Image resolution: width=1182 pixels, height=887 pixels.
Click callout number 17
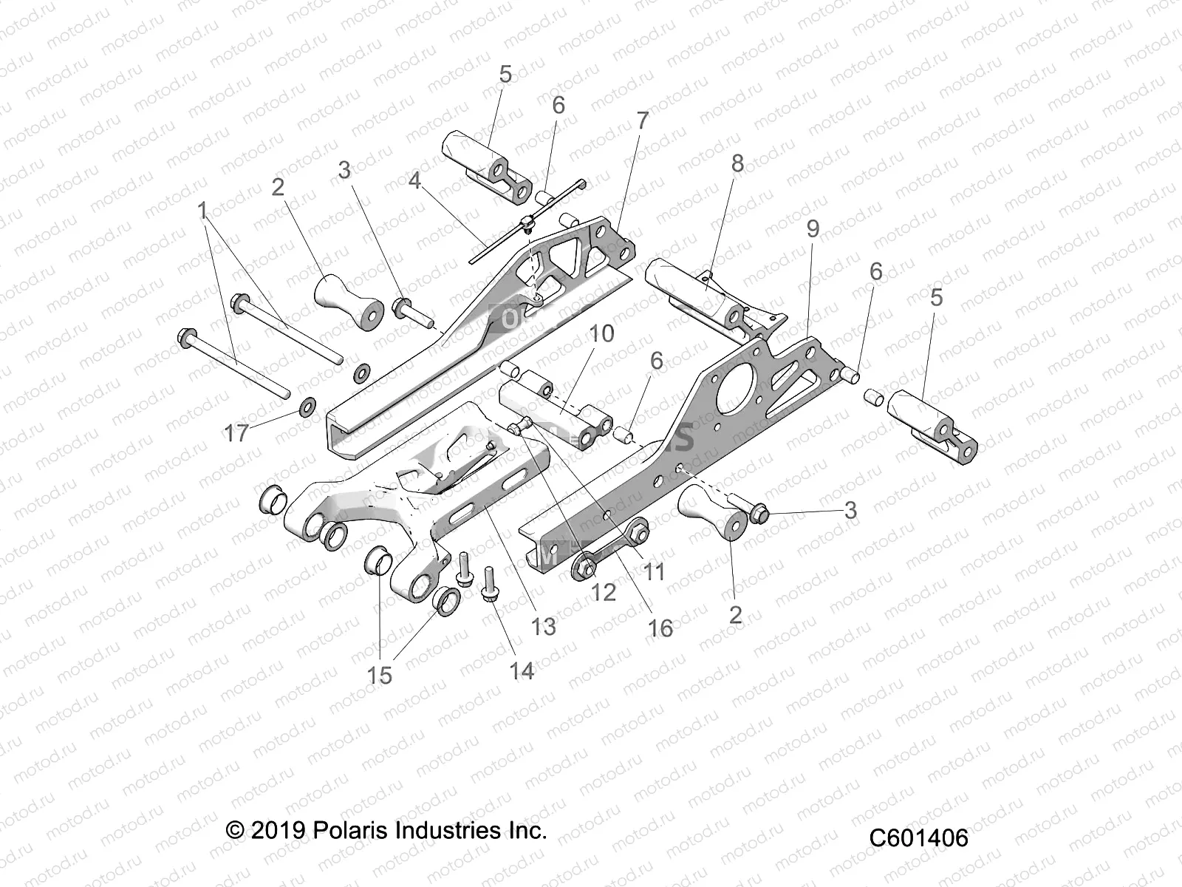[x=236, y=432]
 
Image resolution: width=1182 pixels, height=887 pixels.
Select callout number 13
[x=543, y=627]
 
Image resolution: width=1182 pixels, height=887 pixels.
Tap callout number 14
[x=521, y=671]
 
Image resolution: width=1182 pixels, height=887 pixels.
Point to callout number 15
[x=380, y=675]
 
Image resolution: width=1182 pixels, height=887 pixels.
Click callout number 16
[x=660, y=628]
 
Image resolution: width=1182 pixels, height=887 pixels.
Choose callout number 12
[x=604, y=591]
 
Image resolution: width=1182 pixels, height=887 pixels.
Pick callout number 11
[x=654, y=570]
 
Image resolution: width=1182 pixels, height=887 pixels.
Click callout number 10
[x=602, y=333]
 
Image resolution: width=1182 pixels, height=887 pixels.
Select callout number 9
[x=813, y=229]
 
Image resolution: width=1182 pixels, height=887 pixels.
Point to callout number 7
[x=641, y=120]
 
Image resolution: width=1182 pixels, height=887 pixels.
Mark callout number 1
[x=202, y=212]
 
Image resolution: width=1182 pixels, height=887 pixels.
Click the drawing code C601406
[x=918, y=838]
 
